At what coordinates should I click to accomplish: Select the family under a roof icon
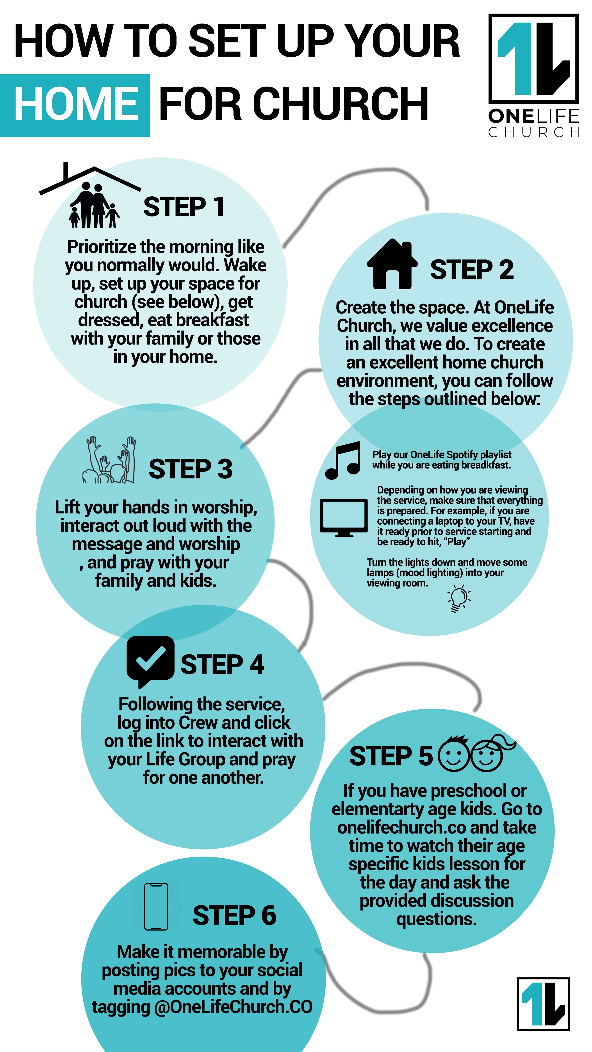tap(90, 196)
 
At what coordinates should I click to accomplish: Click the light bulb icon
tap(459, 598)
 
